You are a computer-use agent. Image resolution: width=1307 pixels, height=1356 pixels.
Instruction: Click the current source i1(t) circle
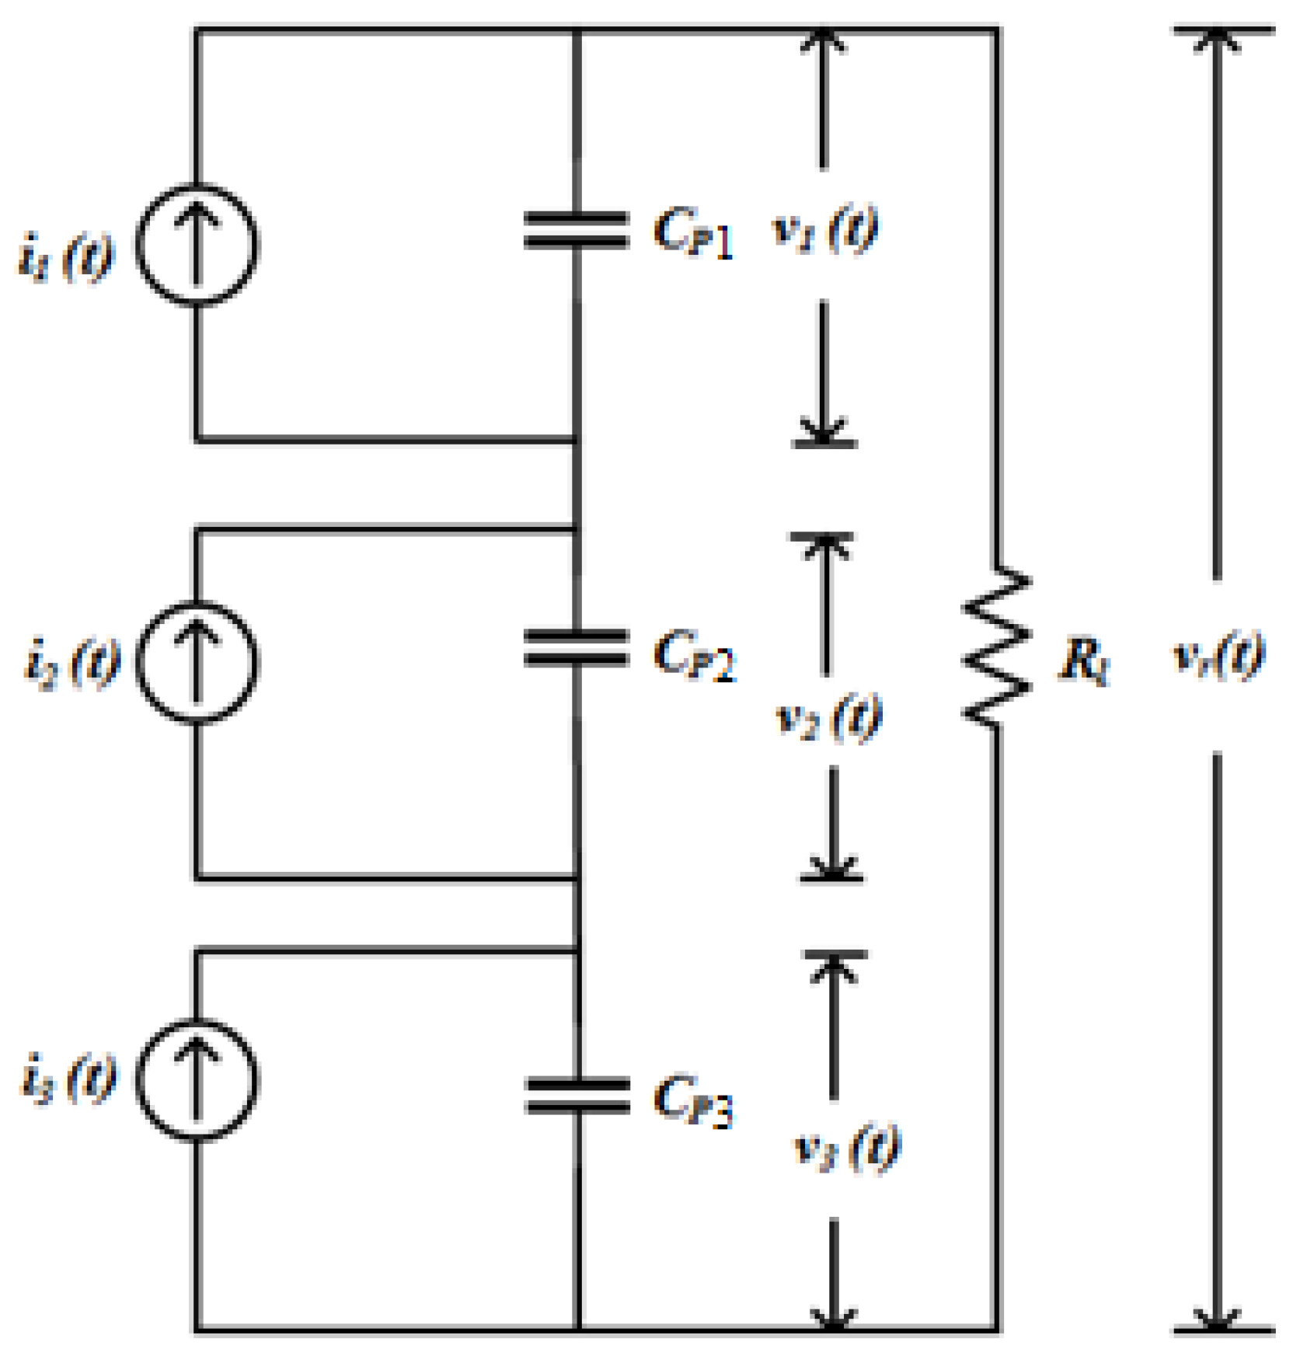point(197,245)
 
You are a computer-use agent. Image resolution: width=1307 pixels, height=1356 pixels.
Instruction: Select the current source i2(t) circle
point(197,662)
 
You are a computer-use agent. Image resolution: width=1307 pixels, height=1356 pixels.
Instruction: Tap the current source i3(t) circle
point(197,1079)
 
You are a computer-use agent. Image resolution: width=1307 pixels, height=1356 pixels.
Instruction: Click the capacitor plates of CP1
point(576,231)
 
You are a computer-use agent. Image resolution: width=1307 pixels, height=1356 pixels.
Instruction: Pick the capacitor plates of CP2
point(576,648)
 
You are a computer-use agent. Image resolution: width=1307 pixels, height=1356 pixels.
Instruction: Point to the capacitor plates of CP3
point(577,1096)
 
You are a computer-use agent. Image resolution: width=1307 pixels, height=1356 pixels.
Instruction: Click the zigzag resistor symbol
point(996,647)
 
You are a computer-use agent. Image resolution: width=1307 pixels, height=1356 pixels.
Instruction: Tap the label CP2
point(694,654)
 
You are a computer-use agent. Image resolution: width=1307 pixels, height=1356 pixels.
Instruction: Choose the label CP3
point(693,1100)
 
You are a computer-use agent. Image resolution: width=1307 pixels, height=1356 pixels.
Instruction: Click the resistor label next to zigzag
point(1085,662)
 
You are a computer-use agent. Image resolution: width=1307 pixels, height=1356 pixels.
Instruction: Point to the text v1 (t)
point(825,230)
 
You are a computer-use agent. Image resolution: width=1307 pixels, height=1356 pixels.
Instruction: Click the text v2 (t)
point(829,717)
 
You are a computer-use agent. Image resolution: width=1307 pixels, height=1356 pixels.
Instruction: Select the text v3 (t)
point(847,1147)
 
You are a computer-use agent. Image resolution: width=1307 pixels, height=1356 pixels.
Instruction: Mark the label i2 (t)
point(72,662)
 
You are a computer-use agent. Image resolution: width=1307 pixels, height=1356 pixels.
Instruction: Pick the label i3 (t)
point(68,1078)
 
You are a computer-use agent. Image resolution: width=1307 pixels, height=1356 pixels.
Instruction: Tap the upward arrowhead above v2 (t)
point(826,547)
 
